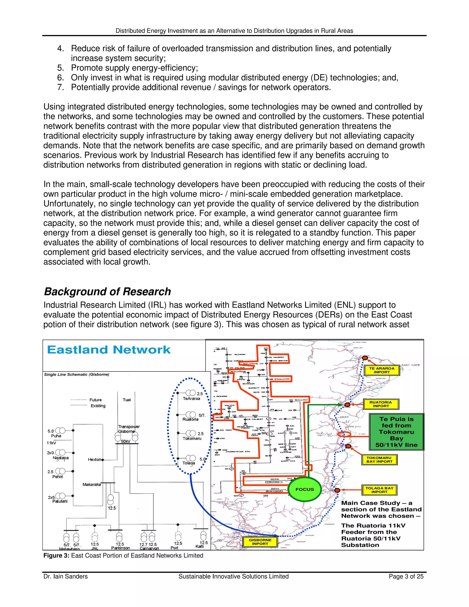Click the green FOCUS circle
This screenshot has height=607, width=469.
coord(305,489)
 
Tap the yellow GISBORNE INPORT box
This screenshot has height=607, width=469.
coord(260,542)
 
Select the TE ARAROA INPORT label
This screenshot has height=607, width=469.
coord(382,370)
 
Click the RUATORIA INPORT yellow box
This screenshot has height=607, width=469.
coord(381,404)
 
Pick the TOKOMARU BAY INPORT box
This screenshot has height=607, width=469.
coord(379,459)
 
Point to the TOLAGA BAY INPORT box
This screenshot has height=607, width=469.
coord(379,490)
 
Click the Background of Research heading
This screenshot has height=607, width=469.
coord(108,292)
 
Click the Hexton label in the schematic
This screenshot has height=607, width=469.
coord(95,459)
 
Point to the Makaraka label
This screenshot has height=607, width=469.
coord(92,484)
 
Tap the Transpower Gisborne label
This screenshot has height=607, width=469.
coord(129,429)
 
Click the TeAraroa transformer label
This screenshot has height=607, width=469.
coord(191,399)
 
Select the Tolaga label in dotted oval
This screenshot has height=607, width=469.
coord(189,463)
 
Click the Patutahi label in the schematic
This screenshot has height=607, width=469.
coord(60,501)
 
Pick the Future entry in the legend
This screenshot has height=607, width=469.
coord(95,400)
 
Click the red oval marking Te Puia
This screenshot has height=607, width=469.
coord(344,434)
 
